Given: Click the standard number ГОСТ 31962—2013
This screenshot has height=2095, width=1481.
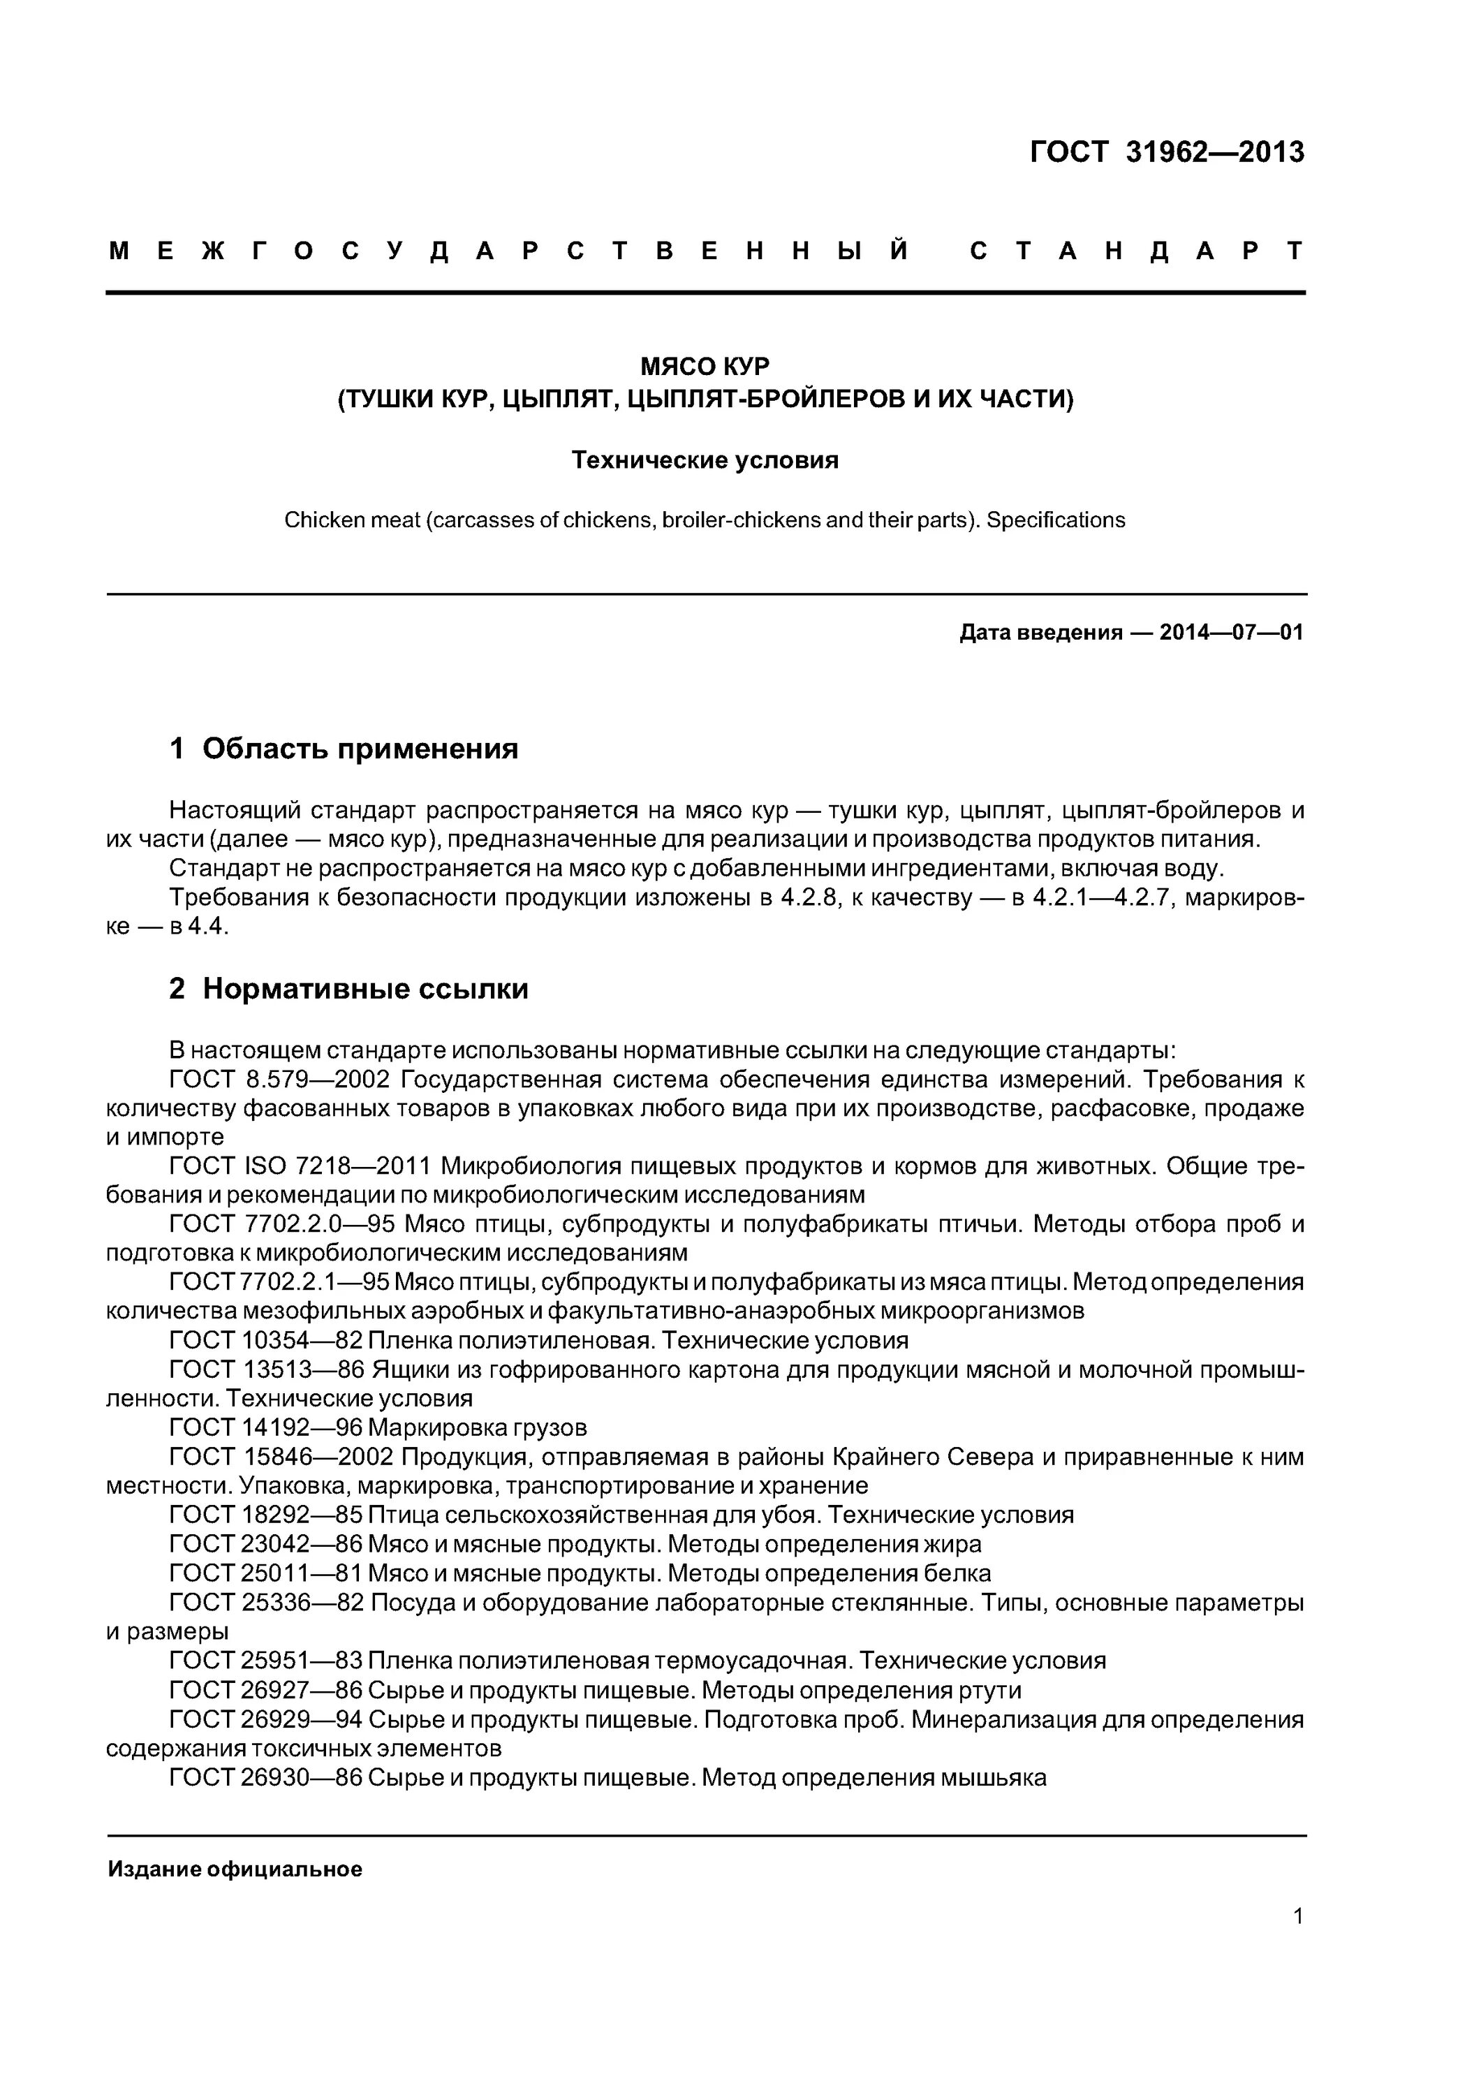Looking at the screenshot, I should tap(1166, 152).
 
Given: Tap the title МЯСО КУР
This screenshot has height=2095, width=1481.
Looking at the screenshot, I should tap(705, 366).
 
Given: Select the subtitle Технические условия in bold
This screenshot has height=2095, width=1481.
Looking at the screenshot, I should tap(705, 460).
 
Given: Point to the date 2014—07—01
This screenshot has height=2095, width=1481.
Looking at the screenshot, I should tap(1231, 632).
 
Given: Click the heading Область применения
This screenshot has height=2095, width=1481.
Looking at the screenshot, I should tap(360, 749).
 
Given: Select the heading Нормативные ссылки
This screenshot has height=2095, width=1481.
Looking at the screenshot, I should tap(365, 989).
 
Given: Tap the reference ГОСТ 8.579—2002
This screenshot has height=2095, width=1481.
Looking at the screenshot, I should tap(279, 1080).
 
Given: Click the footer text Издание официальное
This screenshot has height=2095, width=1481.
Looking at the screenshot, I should tap(235, 1869).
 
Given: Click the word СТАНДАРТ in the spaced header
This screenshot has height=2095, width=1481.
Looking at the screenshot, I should tap(1136, 251).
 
